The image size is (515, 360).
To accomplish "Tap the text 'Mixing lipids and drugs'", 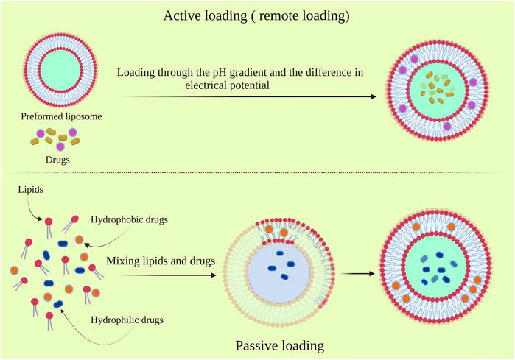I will coord(161,261).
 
